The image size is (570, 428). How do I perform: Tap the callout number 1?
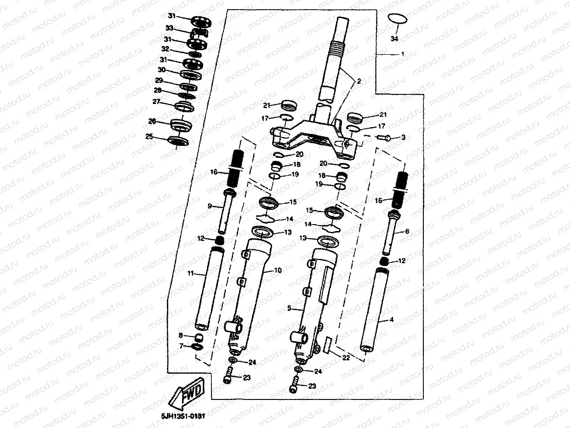point(403,54)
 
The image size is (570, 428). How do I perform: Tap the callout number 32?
point(165,49)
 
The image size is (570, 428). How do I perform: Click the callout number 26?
point(152,121)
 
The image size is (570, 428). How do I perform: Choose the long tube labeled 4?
point(373,313)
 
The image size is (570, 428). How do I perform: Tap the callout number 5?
point(289,308)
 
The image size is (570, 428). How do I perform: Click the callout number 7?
point(181,346)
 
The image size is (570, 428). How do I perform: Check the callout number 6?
point(407,231)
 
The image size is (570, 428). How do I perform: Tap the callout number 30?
point(161,70)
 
